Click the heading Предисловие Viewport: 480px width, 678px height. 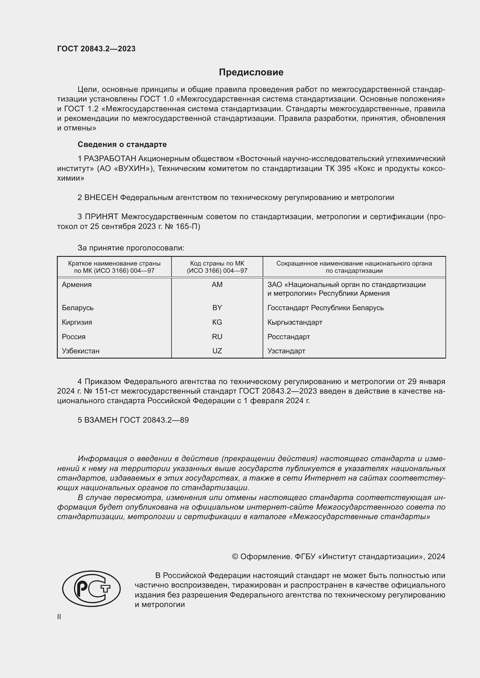point(251,72)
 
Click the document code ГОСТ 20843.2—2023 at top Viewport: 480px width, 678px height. point(96,49)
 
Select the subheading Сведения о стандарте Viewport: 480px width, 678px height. point(122,144)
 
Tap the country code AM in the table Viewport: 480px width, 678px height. point(217,285)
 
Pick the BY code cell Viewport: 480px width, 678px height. point(217,308)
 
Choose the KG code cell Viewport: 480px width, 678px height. point(217,322)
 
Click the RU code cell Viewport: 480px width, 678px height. point(217,337)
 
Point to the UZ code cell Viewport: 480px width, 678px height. point(217,351)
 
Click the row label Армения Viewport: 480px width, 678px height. point(77,285)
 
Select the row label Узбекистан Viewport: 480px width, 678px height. point(81,351)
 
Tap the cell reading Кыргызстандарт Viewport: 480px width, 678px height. point(295,322)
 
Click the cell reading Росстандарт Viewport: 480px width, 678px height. point(288,337)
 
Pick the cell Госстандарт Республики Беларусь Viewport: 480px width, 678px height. point(325,308)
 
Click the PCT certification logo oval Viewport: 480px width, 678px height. point(91,588)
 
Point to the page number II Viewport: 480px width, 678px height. point(59,617)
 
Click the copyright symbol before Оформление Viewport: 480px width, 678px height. point(235,557)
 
